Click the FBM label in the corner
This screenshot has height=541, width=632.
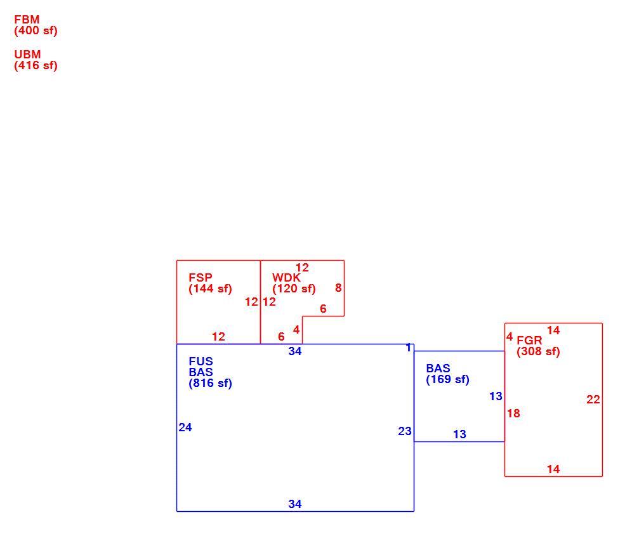pos(27,19)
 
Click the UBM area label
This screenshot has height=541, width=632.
pos(27,55)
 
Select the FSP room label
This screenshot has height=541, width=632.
pos(201,278)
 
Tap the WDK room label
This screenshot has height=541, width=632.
pos(286,278)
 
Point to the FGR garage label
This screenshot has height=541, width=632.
pos(529,341)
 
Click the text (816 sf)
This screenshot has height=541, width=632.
pos(211,383)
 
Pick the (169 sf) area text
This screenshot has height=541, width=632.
pos(448,379)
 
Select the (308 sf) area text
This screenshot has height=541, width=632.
pos(539,351)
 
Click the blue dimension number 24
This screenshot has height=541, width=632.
pos(185,427)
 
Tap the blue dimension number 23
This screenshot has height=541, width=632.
pos(405,431)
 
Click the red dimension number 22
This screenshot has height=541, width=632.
pos(593,400)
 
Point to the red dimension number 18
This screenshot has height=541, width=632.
pos(513,414)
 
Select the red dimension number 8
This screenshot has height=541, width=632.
pos(339,287)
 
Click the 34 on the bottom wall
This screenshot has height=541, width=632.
pos(295,504)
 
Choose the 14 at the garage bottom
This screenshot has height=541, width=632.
pos(553,469)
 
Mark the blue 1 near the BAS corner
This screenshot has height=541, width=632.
pos(409,348)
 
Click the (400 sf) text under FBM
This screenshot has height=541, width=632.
pos(36,30)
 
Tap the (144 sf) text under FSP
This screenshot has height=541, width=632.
pos(211,289)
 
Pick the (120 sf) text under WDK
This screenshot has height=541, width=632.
pos(294,289)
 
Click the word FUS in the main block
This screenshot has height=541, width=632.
pos(201,362)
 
